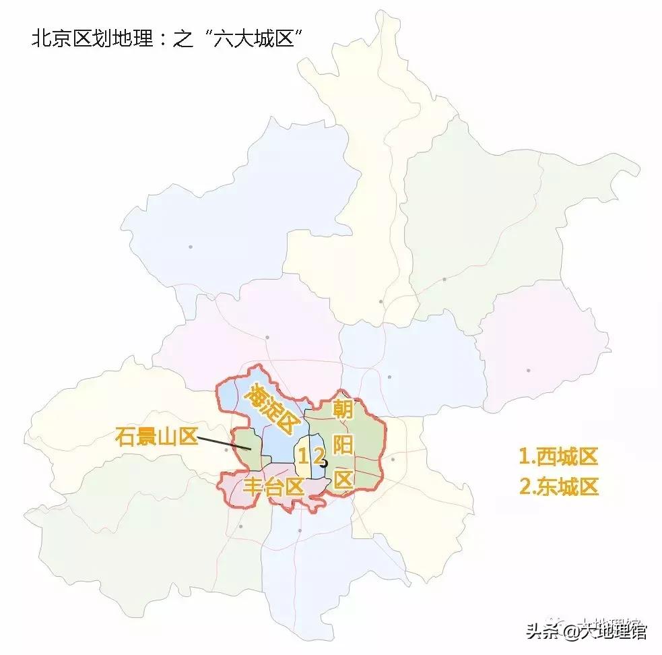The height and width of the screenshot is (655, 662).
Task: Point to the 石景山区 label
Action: point(156,436)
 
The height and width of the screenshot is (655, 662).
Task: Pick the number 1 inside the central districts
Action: point(303,456)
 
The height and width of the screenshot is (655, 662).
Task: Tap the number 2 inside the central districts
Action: point(318,456)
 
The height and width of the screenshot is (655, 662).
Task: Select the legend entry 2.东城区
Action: point(558,487)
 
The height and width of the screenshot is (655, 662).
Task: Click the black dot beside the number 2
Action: point(324,464)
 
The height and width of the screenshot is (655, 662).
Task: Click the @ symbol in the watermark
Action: point(570,631)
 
